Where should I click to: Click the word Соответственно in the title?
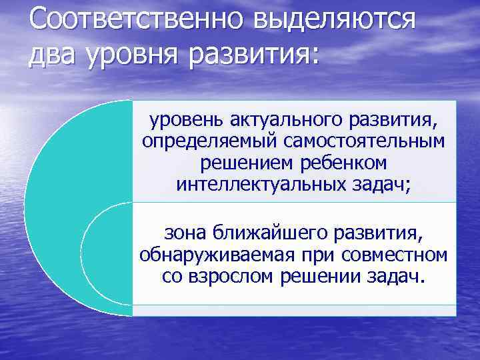click(134, 19)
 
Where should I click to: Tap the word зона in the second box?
click(185, 233)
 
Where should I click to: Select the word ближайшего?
click(266, 233)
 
